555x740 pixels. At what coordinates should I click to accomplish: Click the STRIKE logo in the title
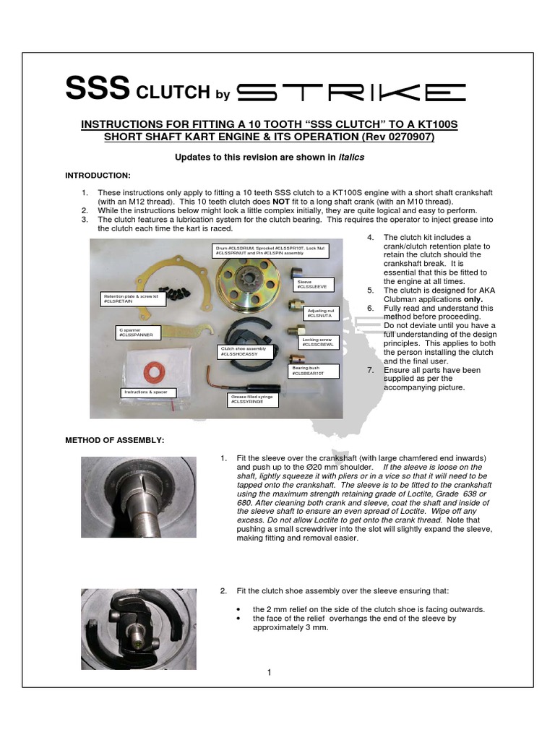[x=351, y=91]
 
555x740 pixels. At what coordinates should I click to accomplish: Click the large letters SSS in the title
[x=98, y=90]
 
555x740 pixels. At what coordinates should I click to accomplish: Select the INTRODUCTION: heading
[x=98, y=176]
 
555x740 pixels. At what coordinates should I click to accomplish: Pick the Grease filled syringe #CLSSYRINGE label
[x=248, y=397]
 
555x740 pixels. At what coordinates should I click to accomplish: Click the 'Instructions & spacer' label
[x=147, y=392]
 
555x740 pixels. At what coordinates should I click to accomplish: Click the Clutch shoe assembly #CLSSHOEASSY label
[x=243, y=351]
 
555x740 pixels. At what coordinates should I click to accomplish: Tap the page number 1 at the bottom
[x=269, y=674]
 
